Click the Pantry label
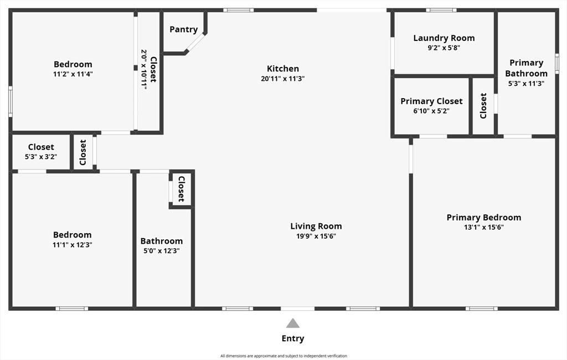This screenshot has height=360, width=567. [183, 29]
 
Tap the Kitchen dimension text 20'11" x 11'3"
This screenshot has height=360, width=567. [283, 79]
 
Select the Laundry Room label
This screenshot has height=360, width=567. [444, 38]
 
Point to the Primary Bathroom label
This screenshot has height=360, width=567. [526, 68]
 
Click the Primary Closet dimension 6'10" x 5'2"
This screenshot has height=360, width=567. [431, 111]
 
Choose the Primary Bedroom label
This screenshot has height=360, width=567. [483, 218]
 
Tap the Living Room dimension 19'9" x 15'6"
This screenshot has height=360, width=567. [316, 236]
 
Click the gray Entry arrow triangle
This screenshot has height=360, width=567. [293, 323]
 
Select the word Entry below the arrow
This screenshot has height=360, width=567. [293, 338]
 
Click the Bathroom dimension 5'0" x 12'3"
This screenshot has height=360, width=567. [161, 251]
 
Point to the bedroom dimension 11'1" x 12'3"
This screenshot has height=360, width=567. [73, 245]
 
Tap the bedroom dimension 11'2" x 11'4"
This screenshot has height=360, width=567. [73, 74]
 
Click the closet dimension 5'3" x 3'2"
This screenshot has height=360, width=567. [41, 157]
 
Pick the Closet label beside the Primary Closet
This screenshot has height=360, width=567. [483, 105]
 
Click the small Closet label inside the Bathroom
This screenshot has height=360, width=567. [181, 190]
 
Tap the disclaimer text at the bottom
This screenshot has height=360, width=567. [283, 356]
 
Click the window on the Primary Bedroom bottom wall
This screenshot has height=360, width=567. [481, 308]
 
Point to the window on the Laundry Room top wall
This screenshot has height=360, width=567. [441, 10]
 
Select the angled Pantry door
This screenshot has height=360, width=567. [195, 44]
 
